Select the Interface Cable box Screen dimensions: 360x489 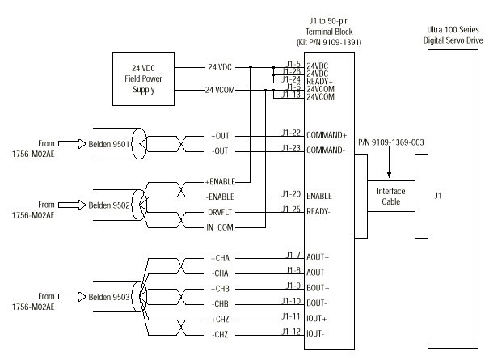(391, 195)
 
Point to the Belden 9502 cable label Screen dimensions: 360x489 (110, 205)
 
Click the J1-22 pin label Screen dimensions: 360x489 (292, 133)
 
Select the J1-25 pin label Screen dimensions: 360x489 (292, 209)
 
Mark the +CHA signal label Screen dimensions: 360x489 (221, 257)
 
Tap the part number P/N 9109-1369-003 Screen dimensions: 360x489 (391, 142)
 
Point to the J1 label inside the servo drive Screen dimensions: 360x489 (439, 195)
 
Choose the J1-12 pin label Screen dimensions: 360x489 (292, 330)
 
